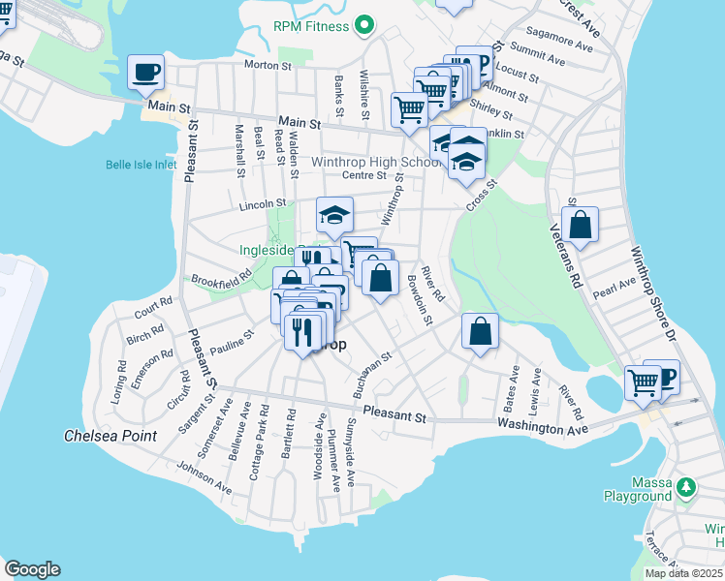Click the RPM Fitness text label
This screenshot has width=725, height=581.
pyautogui.click(x=310, y=25)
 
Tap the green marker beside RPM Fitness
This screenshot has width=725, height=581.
pyautogui.click(x=365, y=25)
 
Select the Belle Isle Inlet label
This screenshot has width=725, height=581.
pyautogui.click(x=142, y=165)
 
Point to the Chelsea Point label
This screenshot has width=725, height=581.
pyautogui.click(x=110, y=436)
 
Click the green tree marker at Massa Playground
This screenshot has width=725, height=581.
pyautogui.click(x=686, y=484)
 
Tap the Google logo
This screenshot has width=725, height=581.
pyautogui.click(x=32, y=569)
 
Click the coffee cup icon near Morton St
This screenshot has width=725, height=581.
pyautogui.click(x=145, y=72)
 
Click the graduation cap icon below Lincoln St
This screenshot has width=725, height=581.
pyautogui.click(x=334, y=215)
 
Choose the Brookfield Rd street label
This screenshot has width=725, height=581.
pyautogui.click(x=220, y=275)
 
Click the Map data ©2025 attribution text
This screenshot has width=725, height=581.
pyautogui.click(x=682, y=573)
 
